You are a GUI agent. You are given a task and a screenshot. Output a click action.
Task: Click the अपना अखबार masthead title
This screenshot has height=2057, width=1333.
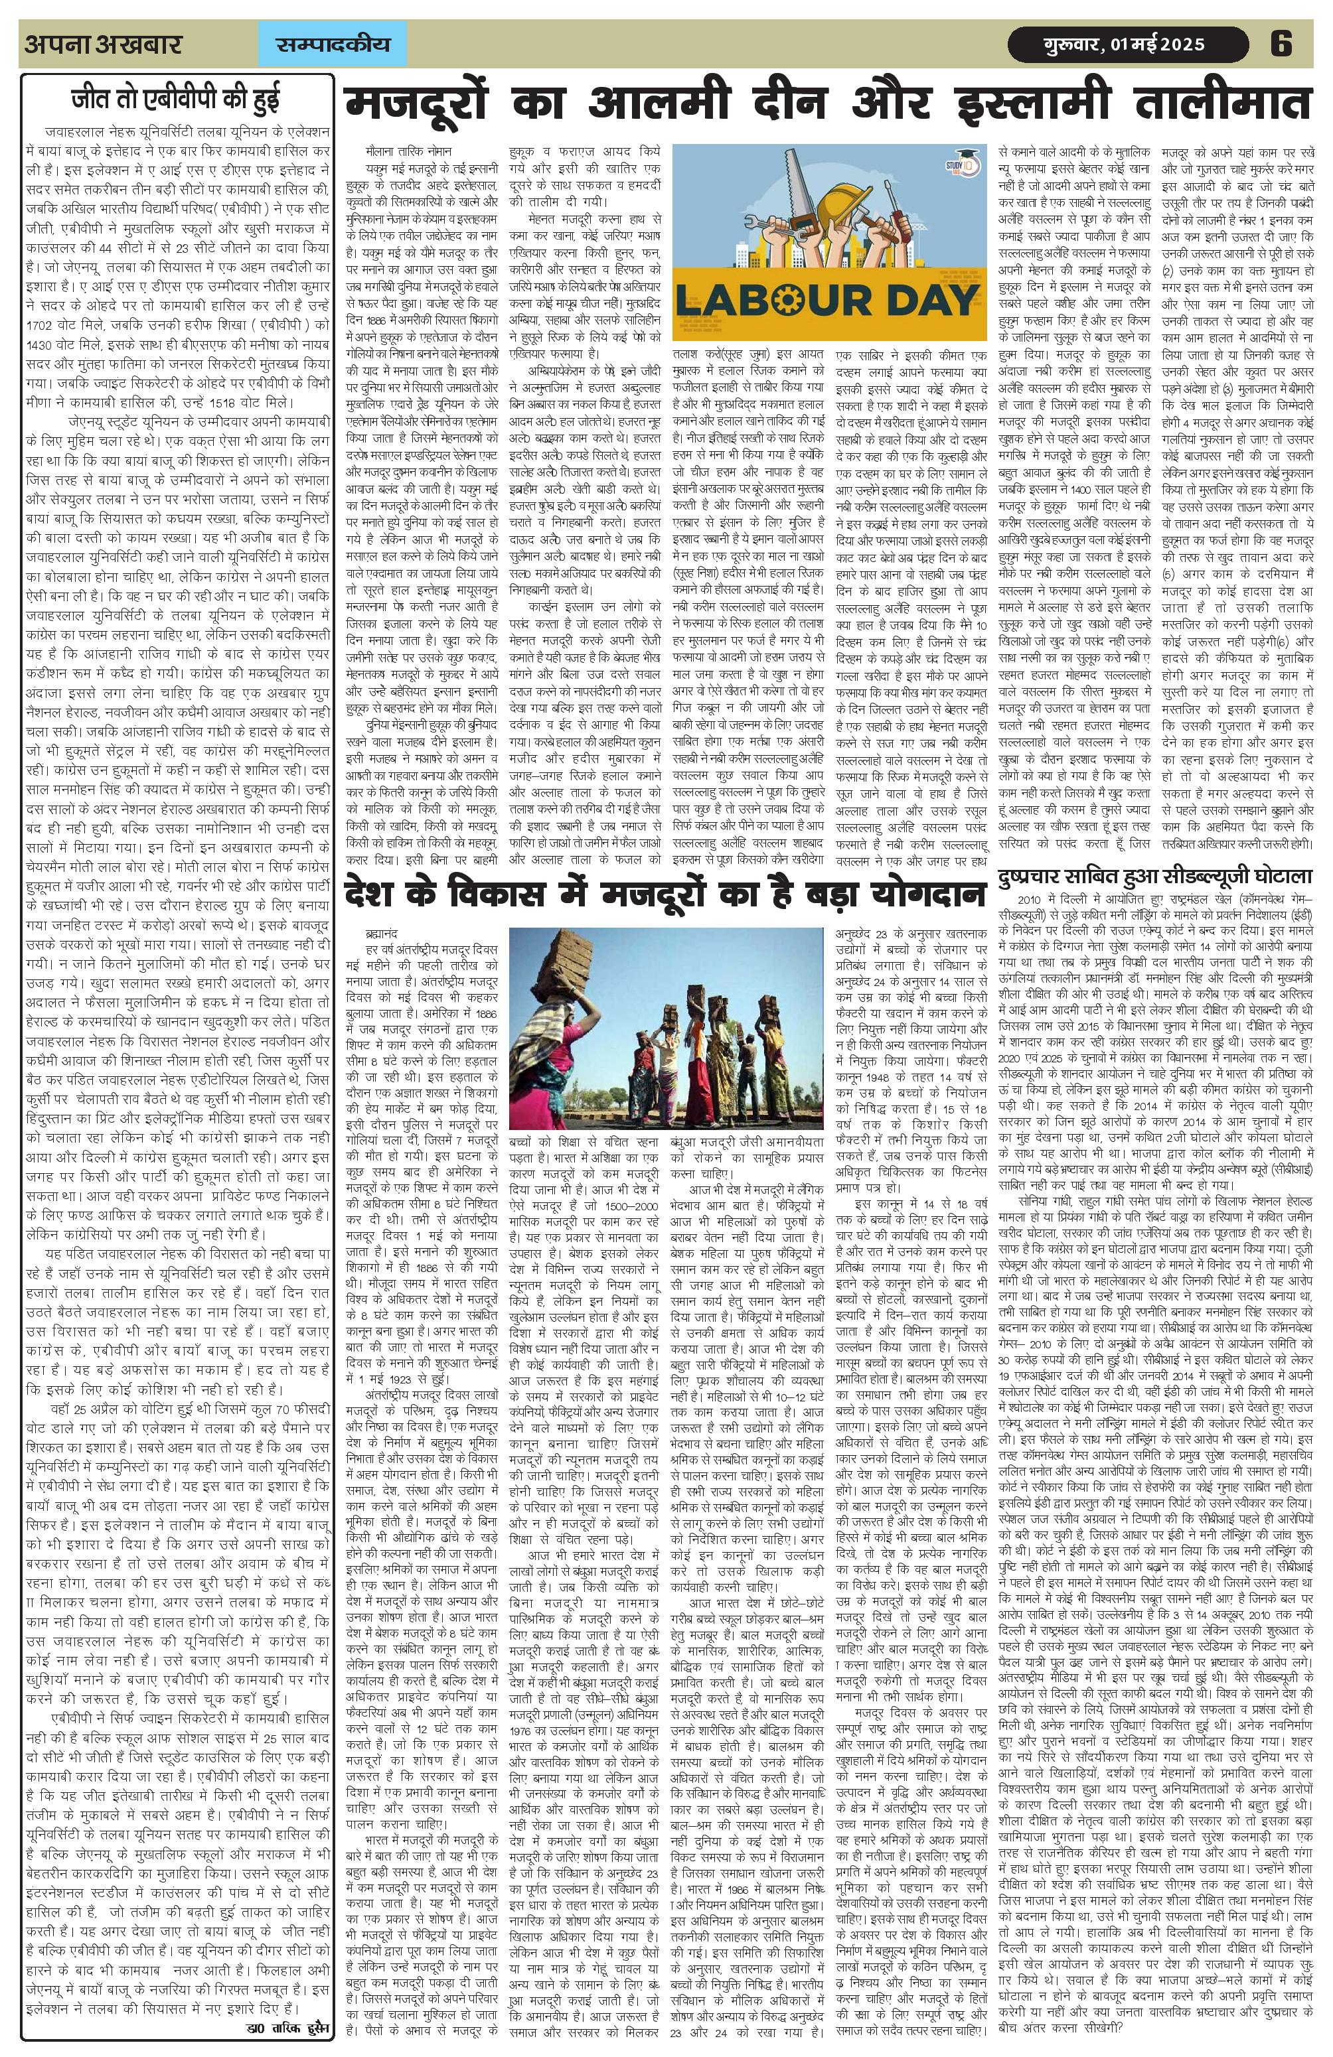click(x=103, y=44)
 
